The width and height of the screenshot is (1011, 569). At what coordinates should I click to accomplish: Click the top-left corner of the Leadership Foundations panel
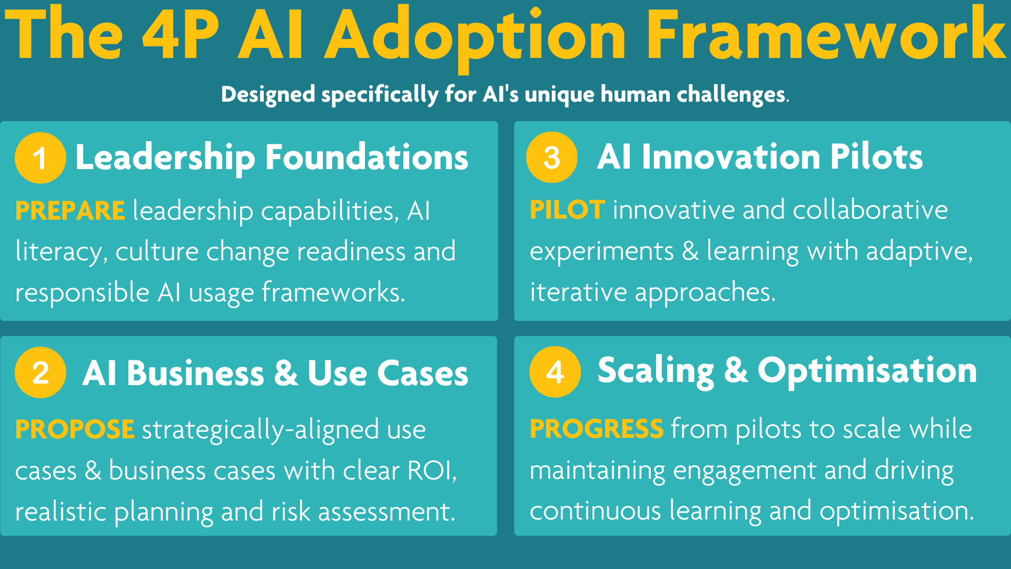(1, 122)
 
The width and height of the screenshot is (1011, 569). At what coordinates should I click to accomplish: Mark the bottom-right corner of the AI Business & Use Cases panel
(497, 535)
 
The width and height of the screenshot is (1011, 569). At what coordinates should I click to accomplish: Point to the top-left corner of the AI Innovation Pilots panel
(514, 122)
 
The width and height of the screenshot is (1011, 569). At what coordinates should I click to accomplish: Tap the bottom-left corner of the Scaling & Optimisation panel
(514, 535)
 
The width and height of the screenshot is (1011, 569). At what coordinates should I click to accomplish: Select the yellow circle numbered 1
(40, 158)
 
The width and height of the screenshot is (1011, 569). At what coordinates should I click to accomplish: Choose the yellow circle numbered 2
(40, 372)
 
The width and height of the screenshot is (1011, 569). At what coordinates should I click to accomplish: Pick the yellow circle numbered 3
(552, 157)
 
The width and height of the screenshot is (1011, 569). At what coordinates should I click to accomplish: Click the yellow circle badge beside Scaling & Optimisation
(555, 371)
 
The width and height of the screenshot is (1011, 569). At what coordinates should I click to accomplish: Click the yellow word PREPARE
(70, 211)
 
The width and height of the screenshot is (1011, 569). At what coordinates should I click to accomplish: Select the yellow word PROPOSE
(75, 429)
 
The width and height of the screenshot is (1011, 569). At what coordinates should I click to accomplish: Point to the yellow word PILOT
(567, 210)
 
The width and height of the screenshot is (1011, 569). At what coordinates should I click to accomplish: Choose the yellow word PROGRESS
(597, 428)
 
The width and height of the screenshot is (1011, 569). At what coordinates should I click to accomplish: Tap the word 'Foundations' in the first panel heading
(366, 157)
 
